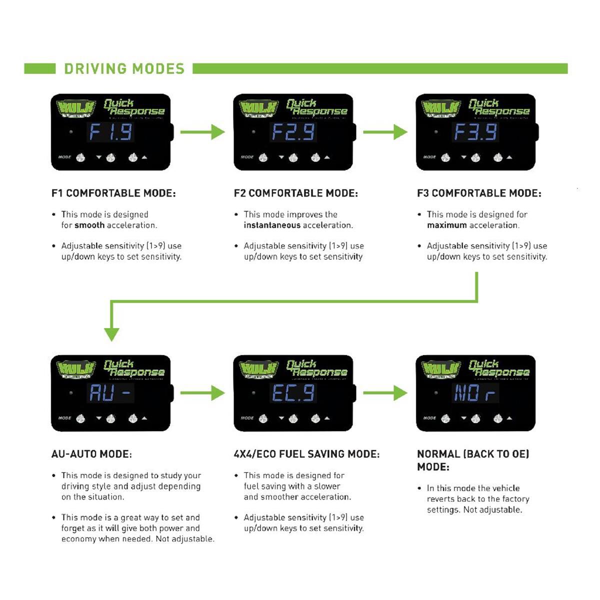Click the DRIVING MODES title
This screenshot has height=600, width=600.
[124, 68]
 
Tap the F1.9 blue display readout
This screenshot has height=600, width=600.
[110, 132]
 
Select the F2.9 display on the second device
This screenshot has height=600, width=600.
[293, 132]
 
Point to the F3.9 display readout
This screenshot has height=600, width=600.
[475, 132]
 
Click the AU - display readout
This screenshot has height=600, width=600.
[110, 393]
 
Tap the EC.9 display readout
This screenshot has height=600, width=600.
[293, 393]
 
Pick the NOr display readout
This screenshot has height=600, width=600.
[475, 393]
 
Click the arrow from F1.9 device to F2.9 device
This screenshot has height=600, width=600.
[202, 132]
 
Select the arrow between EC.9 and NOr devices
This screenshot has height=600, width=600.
[385, 393]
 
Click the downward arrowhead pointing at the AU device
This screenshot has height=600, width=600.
[111, 333]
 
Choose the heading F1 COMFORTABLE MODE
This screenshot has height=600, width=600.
[113, 193]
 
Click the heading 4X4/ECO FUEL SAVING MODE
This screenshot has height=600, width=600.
[306, 454]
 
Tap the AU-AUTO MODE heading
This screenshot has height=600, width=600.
[91, 454]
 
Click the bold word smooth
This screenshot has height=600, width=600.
[89, 225]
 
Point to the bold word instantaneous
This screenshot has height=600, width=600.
[272, 225]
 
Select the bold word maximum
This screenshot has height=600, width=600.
[447, 225]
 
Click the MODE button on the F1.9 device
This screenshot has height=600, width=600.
[80, 158]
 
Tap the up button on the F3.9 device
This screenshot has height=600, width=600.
[498, 158]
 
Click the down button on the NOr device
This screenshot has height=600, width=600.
[475, 419]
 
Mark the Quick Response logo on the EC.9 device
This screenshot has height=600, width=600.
[316, 368]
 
